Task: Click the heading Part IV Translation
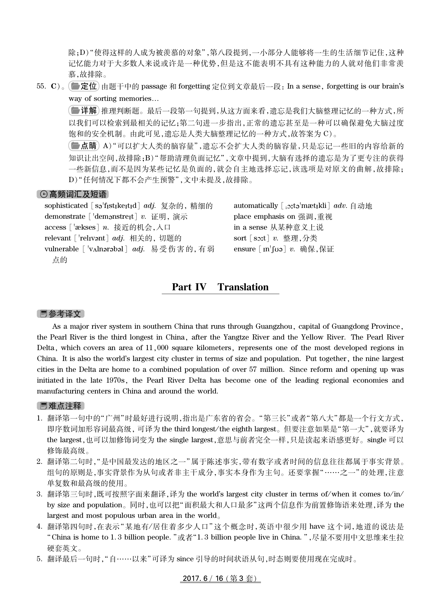(220, 287)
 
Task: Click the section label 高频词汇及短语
(73, 194)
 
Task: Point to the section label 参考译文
(61, 314)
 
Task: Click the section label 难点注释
(61, 406)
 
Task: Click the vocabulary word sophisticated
(66, 206)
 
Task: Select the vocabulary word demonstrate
(65, 217)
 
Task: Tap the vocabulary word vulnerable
(62, 249)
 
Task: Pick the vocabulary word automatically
(255, 206)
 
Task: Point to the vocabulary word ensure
(245, 249)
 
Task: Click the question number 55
(41, 86)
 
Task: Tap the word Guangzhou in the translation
(274, 326)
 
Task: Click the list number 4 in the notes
(40, 527)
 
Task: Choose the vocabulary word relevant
(58, 238)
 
